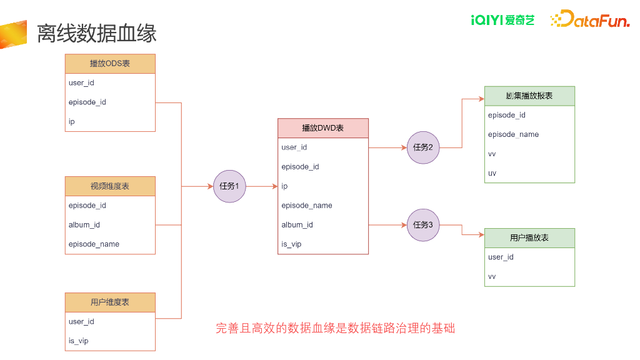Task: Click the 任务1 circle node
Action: click(229, 186)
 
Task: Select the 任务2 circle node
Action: click(423, 147)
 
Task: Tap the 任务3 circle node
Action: click(423, 224)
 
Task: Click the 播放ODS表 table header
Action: click(110, 64)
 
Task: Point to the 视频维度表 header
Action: click(110, 186)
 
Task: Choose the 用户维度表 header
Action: click(110, 302)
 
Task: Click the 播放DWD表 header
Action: click(323, 128)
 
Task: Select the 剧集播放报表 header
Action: click(529, 96)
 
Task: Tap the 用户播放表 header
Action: click(529, 238)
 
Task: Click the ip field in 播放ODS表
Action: click(72, 122)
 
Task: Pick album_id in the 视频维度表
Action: click(84, 225)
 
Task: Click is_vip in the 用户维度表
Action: click(79, 341)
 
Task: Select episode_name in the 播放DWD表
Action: click(307, 206)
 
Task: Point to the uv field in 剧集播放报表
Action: click(492, 173)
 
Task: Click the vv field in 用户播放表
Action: click(492, 276)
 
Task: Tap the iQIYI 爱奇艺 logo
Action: click(503, 20)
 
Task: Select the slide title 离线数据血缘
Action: click(97, 33)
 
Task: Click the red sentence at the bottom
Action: click(335, 328)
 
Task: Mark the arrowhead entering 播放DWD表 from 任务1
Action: click(274, 186)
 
